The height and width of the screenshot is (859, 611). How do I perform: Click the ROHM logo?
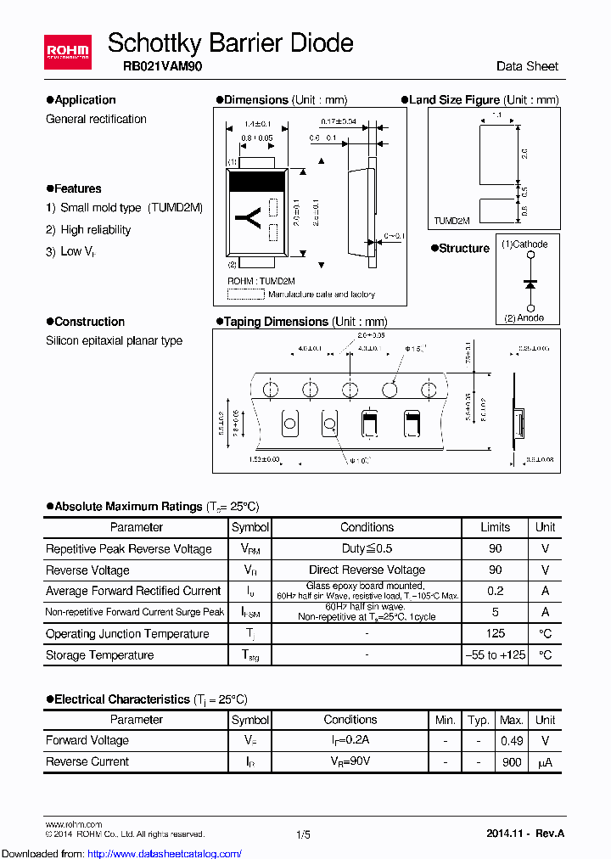[67, 53]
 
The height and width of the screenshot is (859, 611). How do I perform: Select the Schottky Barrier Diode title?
[230, 42]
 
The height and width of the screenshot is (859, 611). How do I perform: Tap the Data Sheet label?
[527, 66]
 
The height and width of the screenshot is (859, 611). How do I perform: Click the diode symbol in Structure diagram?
[530, 283]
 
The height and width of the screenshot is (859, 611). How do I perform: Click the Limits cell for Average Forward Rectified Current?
[496, 591]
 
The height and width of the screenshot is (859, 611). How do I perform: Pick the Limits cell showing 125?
[496, 633]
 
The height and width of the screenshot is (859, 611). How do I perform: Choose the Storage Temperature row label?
[100, 655]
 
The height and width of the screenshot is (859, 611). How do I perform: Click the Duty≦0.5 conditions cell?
[367, 548]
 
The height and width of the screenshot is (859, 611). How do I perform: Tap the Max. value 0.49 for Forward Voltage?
[511, 740]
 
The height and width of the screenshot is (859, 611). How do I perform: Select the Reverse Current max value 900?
[511, 761]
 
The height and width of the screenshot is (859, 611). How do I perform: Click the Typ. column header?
[479, 720]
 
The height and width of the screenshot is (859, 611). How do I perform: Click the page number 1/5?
[303, 834]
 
